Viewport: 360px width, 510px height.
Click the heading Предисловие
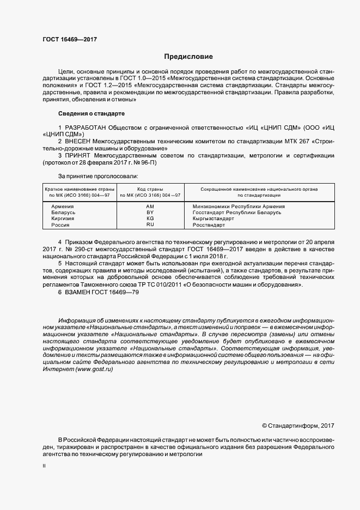pyautogui.click(x=189, y=57)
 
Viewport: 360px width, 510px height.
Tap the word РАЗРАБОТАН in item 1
pyautogui.click(x=88, y=128)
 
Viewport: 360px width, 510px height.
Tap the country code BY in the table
pyautogui.click(x=150, y=212)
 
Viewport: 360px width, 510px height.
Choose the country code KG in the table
pyautogui.click(x=150, y=218)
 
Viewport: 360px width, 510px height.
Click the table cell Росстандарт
pyautogui.click(x=209, y=224)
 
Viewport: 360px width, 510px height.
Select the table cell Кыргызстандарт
pyautogui.click(x=213, y=218)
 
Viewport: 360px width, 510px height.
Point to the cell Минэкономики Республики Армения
pyautogui.click(x=239, y=207)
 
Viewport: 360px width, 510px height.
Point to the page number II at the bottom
pyautogui.click(x=44, y=466)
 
